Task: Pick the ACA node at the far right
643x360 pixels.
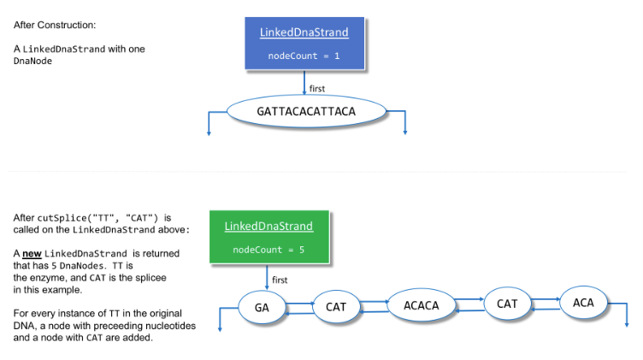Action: pyautogui.click(x=583, y=303)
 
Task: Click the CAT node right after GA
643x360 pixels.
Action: pyautogui.click(x=335, y=307)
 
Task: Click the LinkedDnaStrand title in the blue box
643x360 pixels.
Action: pyautogui.click(x=304, y=32)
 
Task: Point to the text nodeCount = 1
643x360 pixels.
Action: pyautogui.click(x=304, y=56)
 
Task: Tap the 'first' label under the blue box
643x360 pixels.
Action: pyautogui.click(x=317, y=88)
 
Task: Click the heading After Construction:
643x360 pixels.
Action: pyautogui.click(x=49, y=24)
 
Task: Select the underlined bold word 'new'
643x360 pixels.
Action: pyautogui.click(x=32, y=254)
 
